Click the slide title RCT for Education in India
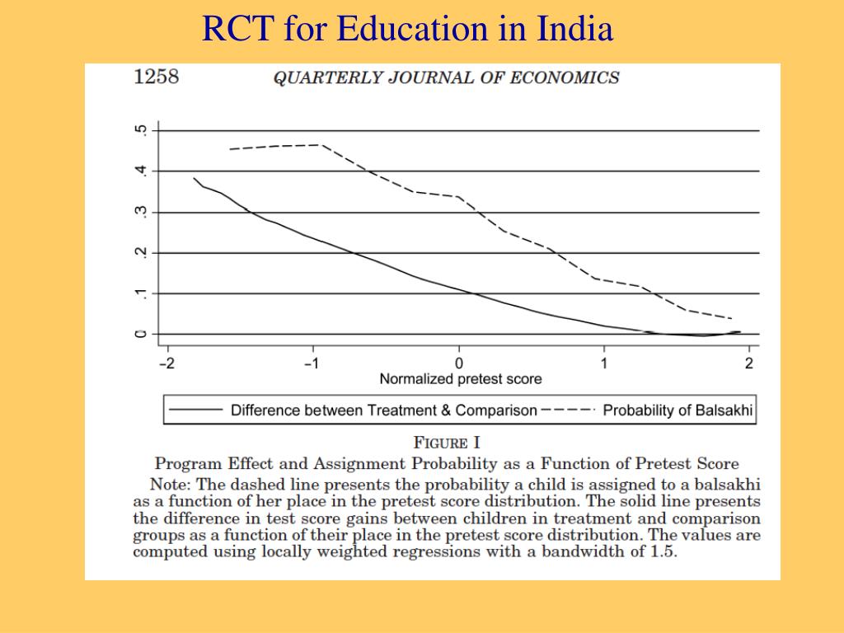(x=408, y=30)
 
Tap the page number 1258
(x=156, y=77)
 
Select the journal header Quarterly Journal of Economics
(x=446, y=78)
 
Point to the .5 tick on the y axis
(x=141, y=130)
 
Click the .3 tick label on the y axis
(x=141, y=212)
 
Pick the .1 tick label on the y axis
(x=141, y=293)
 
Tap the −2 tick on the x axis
(x=166, y=363)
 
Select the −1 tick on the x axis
(x=312, y=363)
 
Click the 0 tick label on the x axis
(x=459, y=363)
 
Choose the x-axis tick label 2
(x=749, y=363)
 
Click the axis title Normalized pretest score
(x=461, y=379)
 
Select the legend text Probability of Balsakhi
(x=678, y=410)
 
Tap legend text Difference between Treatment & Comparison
(x=384, y=410)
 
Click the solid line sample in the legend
(x=196, y=410)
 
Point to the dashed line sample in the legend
(x=569, y=410)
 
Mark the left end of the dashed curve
(x=230, y=149)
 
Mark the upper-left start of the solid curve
(x=194, y=178)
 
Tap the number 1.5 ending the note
(x=659, y=551)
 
